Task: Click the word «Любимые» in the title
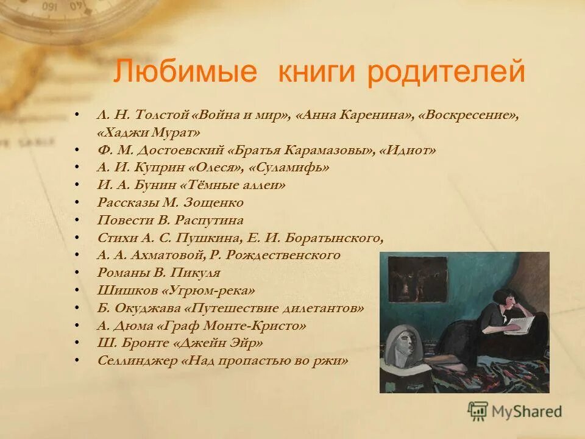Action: [186, 73]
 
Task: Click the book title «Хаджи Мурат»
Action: [148, 132]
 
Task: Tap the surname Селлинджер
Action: [137, 360]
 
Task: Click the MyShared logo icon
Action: [478, 410]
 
